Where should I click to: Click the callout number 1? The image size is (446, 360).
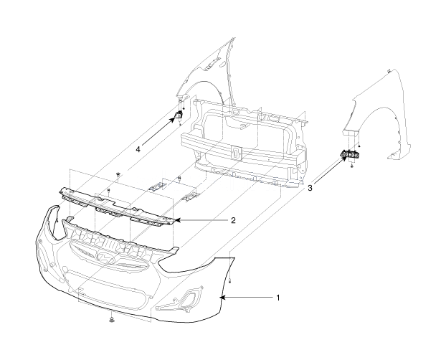click(x=278, y=298)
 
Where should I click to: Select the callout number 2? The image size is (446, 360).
click(x=233, y=220)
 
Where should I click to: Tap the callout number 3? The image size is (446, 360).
click(x=310, y=188)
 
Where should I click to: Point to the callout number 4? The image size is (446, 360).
click(x=138, y=149)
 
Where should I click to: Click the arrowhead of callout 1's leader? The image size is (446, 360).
click(x=222, y=298)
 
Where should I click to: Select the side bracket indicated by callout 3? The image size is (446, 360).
click(x=351, y=154)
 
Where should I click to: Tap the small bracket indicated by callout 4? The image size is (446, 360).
click(x=179, y=115)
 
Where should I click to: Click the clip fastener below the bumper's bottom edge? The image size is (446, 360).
click(x=111, y=320)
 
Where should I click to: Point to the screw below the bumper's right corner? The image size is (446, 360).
click(x=230, y=282)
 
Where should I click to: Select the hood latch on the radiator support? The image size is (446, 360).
click(x=236, y=152)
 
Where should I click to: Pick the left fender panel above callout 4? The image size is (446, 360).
click(x=205, y=71)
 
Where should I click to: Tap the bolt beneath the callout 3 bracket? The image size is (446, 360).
click(x=352, y=165)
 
